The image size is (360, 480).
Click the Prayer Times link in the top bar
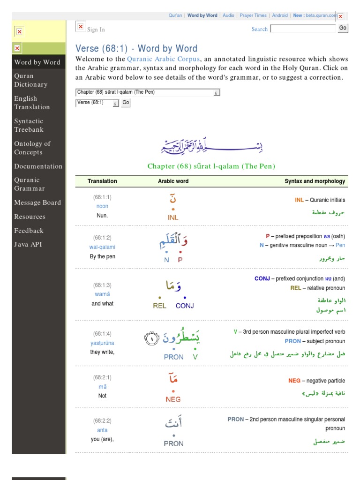point(253,15)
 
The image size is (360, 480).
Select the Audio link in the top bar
point(228,15)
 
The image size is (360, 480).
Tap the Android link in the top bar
point(280,15)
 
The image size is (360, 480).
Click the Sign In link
point(96,30)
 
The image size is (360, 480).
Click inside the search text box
point(304,29)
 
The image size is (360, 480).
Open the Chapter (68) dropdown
point(147,92)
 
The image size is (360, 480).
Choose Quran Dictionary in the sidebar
point(31,80)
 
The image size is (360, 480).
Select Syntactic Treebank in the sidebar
point(29,125)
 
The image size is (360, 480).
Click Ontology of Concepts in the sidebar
point(32,148)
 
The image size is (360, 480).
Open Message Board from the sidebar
point(37,202)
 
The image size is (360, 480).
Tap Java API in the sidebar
point(28,244)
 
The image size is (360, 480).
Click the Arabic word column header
point(173,181)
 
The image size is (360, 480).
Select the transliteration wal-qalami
point(102,247)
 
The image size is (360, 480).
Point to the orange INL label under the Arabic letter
point(173,217)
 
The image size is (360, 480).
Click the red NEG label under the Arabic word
point(173,399)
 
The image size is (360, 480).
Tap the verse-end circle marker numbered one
point(151,338)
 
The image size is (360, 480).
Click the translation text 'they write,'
point(102,352)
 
